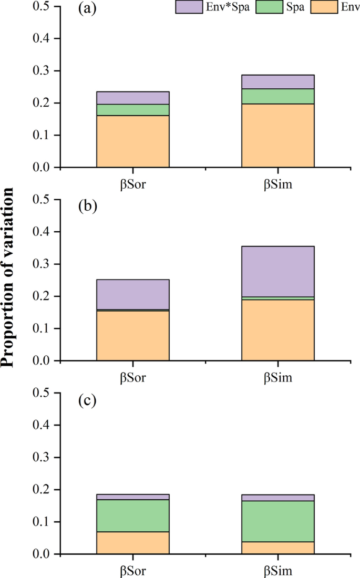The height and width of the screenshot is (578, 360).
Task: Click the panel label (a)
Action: click(x=87, y=10)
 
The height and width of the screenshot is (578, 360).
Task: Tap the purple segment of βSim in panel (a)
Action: click(x=277, y=82)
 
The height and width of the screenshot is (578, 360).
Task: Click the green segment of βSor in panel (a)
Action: click(x=132, y=110)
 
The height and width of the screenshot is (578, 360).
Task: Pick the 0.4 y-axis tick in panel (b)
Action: click(x=44, y=232)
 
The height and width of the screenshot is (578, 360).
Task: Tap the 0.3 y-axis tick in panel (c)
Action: click(x=44, y=458)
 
